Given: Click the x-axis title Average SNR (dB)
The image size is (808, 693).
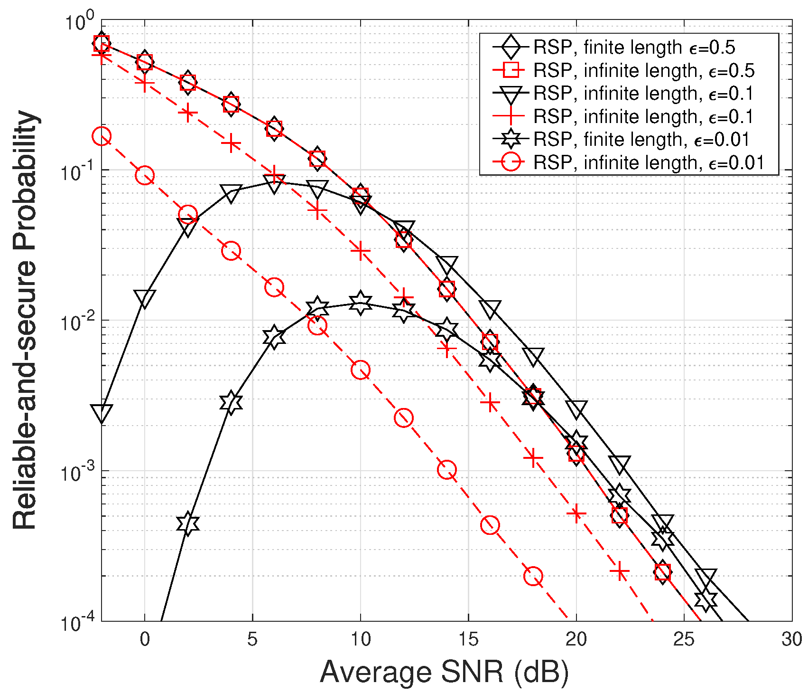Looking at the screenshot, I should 444,672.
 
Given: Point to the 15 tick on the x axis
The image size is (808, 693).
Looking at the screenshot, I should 468,639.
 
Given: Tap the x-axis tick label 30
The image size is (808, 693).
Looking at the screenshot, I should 791,639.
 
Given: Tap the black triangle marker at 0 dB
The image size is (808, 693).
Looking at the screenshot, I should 145,298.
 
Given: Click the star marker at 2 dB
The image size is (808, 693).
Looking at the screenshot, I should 188,524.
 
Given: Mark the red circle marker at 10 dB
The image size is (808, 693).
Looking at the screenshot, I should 361,370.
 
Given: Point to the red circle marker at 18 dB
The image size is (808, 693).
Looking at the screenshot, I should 533,576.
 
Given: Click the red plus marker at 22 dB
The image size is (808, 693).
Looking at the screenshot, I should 620,572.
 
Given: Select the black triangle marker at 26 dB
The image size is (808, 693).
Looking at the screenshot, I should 706,577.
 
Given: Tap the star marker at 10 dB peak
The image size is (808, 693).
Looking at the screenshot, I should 361,303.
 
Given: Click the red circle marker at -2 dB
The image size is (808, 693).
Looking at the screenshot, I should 102,137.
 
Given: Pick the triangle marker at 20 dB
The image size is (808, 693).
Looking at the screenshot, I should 576,408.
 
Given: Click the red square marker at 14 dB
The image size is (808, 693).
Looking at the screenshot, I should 447,289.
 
